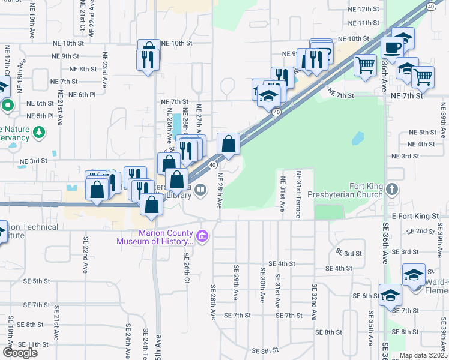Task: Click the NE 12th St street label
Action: point(360,10)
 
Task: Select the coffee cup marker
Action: point(392,47)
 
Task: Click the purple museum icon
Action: point(202,236)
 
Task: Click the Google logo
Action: point(19,353)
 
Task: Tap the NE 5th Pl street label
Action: point(40,116)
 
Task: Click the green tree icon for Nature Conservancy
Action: point(40,131)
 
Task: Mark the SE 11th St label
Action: point(38,344)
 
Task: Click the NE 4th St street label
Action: point(421,144)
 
